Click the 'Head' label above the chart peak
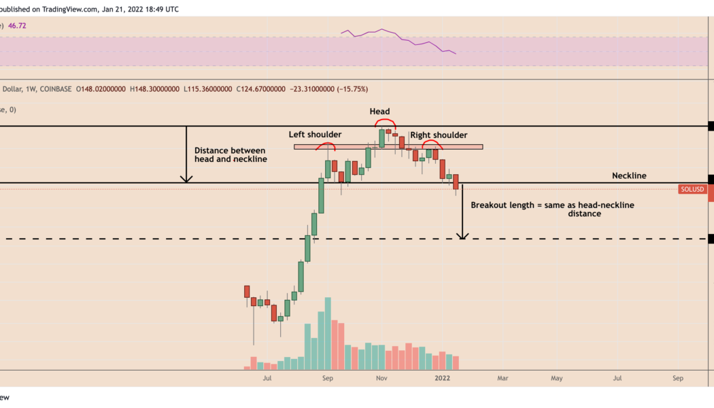(x=379, y=111)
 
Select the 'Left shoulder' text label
(x=315, y=135)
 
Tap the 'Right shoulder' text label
(x=439, y=135)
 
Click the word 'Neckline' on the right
(x=629, y=175)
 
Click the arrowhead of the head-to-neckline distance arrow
(x=186, y=180)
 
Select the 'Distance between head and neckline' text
(x=230, y=154)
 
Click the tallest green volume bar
(x=328, y=333)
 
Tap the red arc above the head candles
(x=385, y=120)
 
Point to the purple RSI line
(x=384, y=31)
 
